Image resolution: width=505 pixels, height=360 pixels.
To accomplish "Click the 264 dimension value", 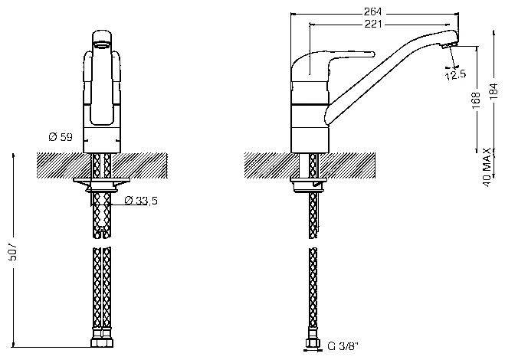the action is click(372, 11).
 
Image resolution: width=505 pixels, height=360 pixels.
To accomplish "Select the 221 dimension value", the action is click(373, 24).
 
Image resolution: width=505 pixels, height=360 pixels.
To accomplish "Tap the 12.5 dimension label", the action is click(456, 75).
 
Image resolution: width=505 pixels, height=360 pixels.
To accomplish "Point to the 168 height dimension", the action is click(477, 97).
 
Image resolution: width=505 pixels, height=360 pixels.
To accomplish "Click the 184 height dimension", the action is click(494, 91).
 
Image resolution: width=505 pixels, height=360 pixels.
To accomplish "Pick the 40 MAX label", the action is click(487, 168).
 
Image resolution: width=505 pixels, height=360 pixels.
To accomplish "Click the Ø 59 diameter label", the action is click(61, 137).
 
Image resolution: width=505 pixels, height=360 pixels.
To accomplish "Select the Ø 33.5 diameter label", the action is click(141, 201).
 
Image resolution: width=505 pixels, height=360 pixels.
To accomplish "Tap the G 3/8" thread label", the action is click(343, 347).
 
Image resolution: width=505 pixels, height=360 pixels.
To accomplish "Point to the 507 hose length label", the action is click(15, 251).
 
